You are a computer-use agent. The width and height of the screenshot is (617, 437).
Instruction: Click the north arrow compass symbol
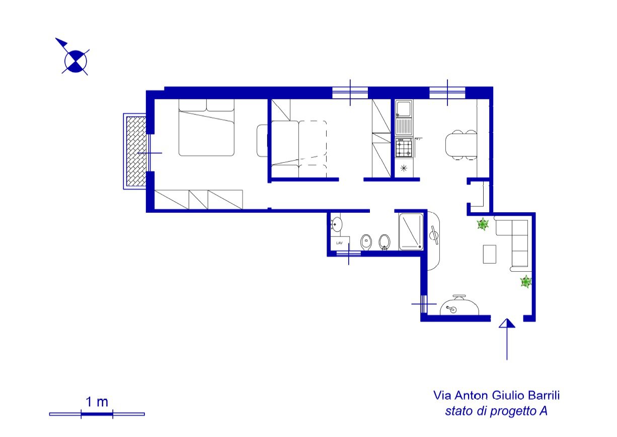pos(75,61)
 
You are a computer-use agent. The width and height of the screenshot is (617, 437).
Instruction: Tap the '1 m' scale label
pos(97,402)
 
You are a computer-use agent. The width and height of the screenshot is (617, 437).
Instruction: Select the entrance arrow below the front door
pos(507,339)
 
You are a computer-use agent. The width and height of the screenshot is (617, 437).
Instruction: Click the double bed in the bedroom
pos(206,128)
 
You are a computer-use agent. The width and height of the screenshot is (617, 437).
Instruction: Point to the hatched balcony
pos(136,151)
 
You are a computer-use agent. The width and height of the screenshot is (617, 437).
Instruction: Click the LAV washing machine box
pos(340,243)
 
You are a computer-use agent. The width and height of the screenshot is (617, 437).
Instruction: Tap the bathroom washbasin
pos(336,224)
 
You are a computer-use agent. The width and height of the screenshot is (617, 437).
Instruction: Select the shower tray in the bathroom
pos(411,232)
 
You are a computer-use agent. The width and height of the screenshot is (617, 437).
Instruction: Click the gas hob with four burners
pos(404,148)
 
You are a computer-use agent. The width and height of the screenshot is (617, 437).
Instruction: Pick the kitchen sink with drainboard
pos(404,118)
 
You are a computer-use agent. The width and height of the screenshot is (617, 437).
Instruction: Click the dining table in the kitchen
pos(461,145)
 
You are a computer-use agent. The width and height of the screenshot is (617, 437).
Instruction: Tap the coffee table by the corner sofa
pos(490,254)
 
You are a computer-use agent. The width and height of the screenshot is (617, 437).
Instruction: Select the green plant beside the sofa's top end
pos(483,224)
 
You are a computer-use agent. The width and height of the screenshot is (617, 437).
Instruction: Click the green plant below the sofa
pos(526,281)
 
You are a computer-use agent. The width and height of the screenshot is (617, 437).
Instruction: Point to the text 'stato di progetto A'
pos(496,411)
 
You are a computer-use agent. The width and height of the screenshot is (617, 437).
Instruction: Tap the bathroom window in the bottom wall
pos(348,254)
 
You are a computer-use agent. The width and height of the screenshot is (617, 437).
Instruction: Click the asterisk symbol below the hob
pos(404,168)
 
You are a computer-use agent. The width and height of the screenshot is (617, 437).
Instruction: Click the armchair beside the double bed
pos(263,141)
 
